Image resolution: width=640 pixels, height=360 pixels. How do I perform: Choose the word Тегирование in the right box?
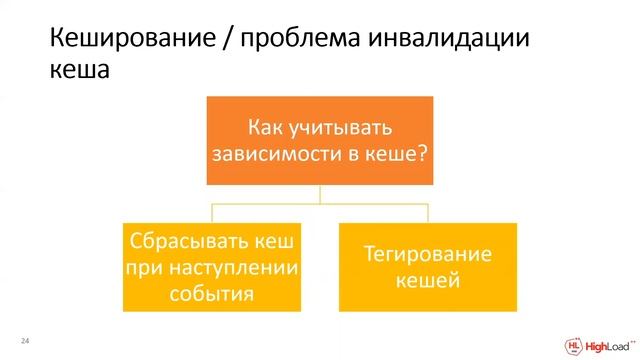click(427, 255)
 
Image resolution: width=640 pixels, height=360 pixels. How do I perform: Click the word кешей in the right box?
click(427, 281)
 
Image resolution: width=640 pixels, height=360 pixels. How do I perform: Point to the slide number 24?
click(26, 341)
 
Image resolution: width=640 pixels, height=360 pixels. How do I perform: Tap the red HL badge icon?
click(573, 342)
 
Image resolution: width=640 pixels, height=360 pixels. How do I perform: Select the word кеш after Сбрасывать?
click(280, 242)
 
